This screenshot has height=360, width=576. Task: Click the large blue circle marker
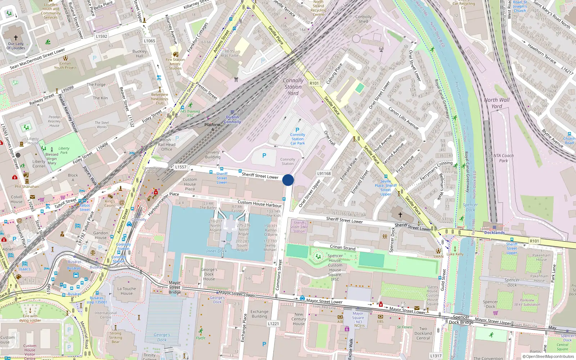[x=288, y=180]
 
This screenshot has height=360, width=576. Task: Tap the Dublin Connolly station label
[x=233, y=120]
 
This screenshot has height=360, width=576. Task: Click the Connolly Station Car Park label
[x=298, y=139]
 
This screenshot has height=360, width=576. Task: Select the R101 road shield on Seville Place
[x=314, y=83]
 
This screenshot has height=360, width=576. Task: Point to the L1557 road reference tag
[x=181, y=167]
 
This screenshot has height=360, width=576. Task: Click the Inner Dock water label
[x=216, y=251]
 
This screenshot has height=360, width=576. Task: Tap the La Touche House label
[x=127, y=291]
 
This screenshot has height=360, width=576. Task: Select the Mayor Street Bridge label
[x=175, y=287]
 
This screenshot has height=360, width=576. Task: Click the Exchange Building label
[x=260, y=314]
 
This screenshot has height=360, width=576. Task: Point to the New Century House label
[x=299, y=319]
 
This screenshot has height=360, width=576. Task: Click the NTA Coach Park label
[x=503, y=158]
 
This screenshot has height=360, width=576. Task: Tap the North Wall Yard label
[x=497, y=103]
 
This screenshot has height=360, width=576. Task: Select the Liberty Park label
[x=64, y=150]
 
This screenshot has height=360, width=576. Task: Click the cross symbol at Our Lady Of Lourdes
[x=16, y=37]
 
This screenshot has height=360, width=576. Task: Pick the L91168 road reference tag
[x=324, y=174]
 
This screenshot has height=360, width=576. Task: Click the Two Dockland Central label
[x=423, y=333]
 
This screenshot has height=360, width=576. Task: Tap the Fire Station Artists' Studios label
[x=175, y=64]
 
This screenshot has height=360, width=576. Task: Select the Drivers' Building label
[x=213, y=154]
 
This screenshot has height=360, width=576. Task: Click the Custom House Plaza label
[x=190, y=184]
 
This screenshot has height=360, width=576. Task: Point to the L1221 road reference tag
[x=273, y=324]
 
